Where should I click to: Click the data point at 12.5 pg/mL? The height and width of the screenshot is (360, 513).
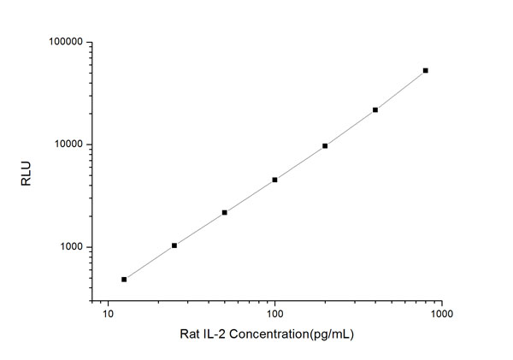[124, 279]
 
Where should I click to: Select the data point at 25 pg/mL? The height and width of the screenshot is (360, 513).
[174, 245]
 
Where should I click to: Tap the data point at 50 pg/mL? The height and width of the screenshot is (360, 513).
[224, 212]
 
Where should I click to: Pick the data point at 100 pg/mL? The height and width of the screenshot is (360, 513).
[274, 180]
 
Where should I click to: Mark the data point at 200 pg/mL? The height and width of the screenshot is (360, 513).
[325, 145]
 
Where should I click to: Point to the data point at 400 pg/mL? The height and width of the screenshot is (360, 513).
[375, 109]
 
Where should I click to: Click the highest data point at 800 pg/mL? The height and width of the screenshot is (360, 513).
[426, 70]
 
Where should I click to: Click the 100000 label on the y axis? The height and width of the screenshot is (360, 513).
[63, 42]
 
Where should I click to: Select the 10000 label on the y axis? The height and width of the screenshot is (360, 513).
[66, 145]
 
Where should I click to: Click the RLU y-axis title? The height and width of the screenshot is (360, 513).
[26, 172]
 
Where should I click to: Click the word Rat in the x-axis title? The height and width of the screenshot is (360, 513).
[191, 334]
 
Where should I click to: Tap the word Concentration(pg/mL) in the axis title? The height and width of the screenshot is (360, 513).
[294, 334]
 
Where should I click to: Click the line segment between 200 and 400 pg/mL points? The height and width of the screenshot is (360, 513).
[351, 127]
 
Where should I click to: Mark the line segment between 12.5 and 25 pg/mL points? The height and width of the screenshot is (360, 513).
[150, 262]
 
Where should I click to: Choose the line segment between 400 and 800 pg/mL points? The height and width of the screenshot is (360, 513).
[401, 90]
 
